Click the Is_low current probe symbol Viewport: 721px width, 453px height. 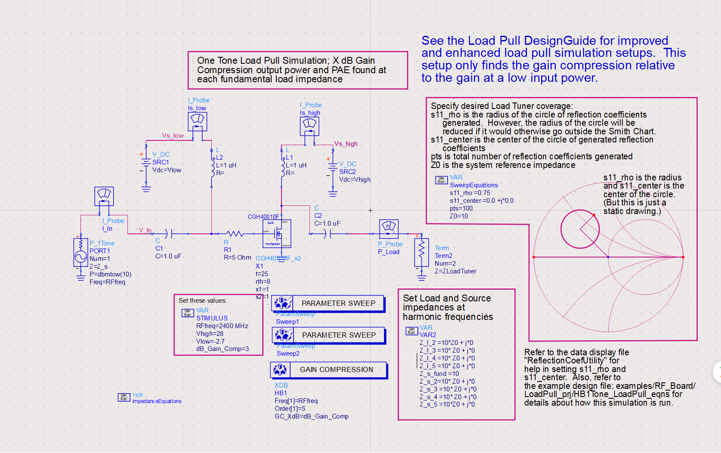pyautogui.click(x=198, y=121)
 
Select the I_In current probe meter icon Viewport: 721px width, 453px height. pyautogui.click(x=104, y=196)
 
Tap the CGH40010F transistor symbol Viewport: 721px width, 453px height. pyautogui.click(x=277, y=234)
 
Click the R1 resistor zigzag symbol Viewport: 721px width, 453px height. pyautogui.click(x=235, y=234)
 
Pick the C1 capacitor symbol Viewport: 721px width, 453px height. pyautogui.click(x=169, y=234)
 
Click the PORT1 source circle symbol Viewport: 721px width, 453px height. pyautogui.click(x=81, y=257)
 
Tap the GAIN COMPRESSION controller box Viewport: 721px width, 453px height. pyautogui.click(x=329, y=369)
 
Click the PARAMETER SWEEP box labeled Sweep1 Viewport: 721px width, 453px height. pyautogui.click(x=328, y=303)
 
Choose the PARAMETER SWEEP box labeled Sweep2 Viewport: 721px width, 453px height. pyautogui.click(x=328, y=335)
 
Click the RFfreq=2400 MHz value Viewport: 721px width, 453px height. pyautogui.click(x=222, y=326)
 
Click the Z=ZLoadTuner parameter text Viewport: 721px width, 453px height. pyautogui.click(x=455, y=271)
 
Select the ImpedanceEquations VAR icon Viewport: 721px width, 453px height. pyautogui.click(x=124, y=397)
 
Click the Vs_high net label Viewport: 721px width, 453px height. pyautogui.click(x=346, y=144)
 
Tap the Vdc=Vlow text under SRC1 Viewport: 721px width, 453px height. pyautogui.click(x=167, y=170)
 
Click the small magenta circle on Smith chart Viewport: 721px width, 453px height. pyautogui.click(x=580, y=229)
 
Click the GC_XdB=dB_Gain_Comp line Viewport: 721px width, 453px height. pyautogui.click(x=312, y=416)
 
